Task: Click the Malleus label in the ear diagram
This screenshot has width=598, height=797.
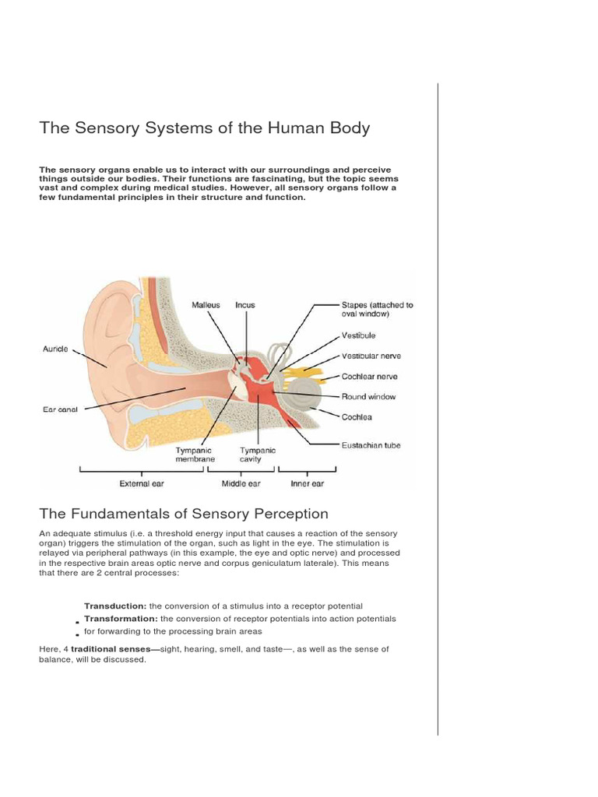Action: point(206,305)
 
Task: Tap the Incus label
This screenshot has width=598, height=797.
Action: point(244,305)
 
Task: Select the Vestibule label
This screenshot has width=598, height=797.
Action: point(358,335)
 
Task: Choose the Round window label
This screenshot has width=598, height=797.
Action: point(368,396)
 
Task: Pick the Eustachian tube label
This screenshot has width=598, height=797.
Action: point(371,445)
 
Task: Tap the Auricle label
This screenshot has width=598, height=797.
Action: point(55,349)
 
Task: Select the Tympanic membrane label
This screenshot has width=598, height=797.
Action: point(195,455)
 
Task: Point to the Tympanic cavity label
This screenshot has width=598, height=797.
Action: point(257,455)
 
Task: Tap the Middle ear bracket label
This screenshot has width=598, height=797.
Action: point(241,483)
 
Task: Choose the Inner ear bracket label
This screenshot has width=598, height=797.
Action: point(307,483)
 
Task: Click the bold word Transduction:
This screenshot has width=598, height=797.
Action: point(115,606)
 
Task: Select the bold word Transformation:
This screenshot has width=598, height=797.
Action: point(121,619)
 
